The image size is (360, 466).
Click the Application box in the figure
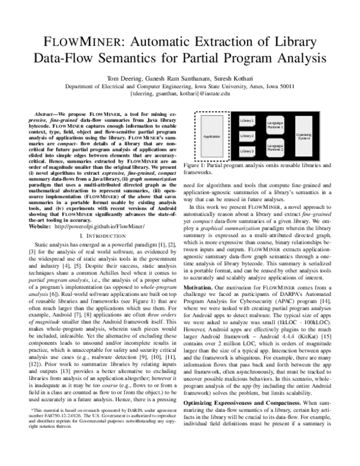tap(212, 136)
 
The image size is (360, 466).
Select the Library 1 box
tap(247, 121)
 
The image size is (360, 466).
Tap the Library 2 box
tap(247, 136)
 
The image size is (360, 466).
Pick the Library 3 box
tap(247, 151)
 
